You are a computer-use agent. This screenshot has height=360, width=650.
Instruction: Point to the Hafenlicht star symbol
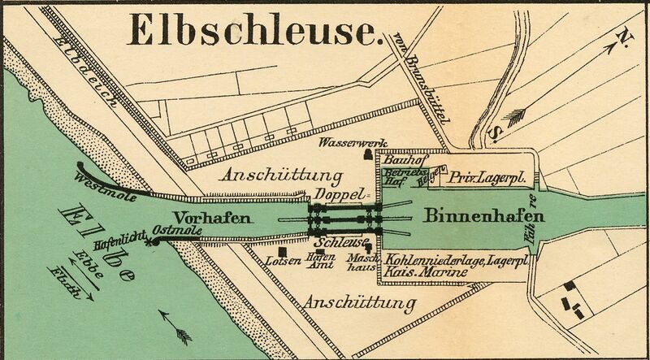[x=147, y=241]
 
